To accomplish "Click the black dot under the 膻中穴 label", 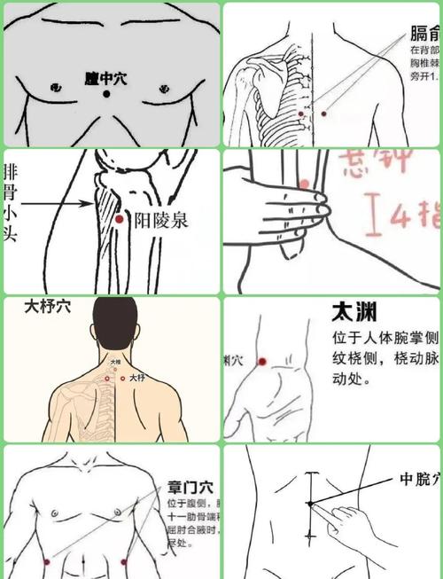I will [x=107, y=95].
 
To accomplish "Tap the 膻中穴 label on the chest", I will [x=107, y=79].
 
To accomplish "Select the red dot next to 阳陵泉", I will [x=118, y=218].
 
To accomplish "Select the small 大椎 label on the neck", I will [x=115, y=362].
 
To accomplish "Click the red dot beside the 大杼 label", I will [x=121, y=378].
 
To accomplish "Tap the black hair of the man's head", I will [x=115, y=324].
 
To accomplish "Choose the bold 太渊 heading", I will [x=352, y=312].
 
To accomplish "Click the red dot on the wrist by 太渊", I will [x=262, y=361].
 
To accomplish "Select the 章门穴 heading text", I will [x=190, y=487].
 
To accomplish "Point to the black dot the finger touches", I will [x=311, y=504].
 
